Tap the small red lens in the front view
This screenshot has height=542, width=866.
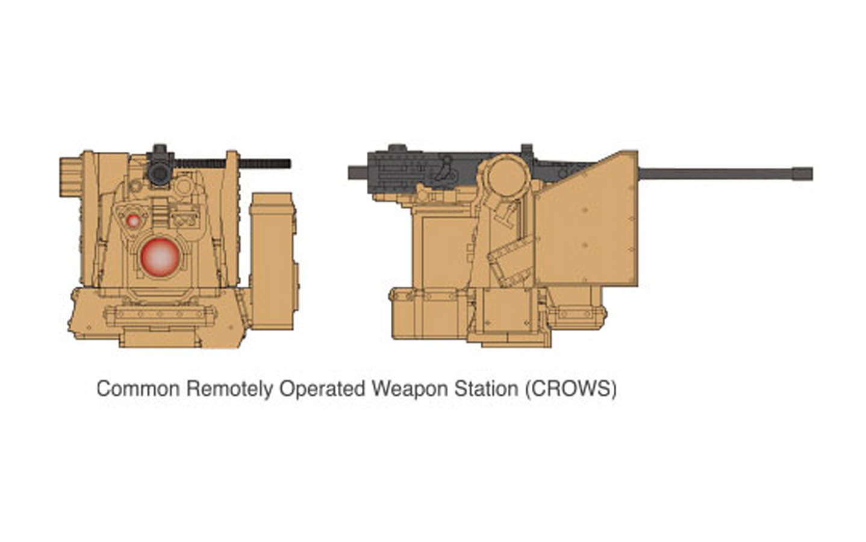point(133,220)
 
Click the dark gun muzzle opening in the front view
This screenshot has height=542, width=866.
point(160,173)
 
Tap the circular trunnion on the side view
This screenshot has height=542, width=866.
point(507,176)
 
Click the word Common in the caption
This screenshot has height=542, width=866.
point(138,388)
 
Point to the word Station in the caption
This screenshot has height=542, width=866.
point(485,388)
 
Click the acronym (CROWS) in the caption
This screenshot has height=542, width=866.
point(570,388)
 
